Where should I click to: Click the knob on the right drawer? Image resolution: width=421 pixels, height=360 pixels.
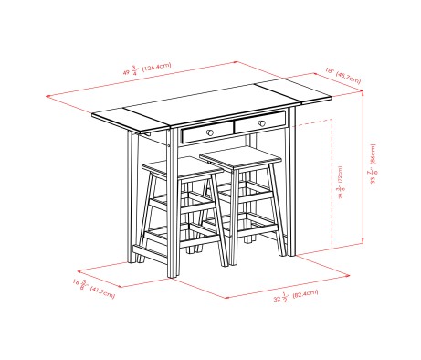[260, 122]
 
